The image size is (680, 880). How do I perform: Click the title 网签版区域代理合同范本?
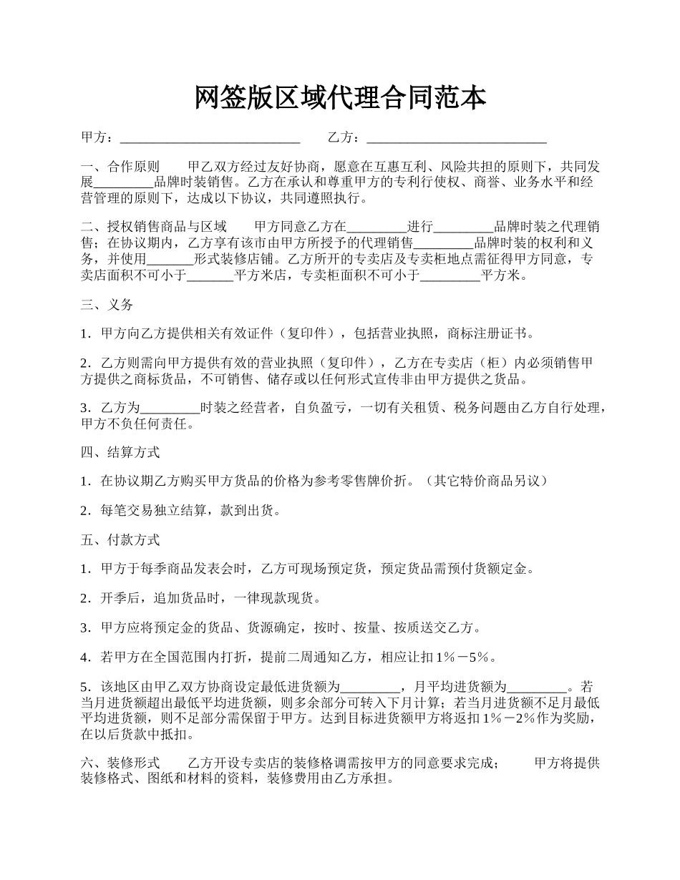(x=340, y=98)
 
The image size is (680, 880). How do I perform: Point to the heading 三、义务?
(x=107, y=305)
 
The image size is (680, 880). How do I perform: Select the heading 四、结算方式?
(x=120, y=452)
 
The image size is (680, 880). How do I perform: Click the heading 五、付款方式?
(x=120, y=540)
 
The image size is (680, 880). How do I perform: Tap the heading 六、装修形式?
(x=120, y=763)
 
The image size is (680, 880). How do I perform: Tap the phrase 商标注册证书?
(x=486, y=334)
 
